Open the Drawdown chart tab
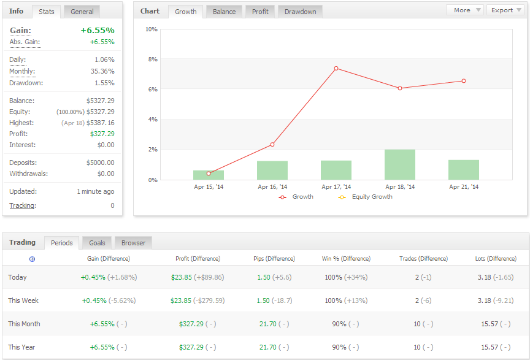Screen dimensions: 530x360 (x=300, y=12)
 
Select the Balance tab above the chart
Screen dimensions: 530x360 (x=224, y=12)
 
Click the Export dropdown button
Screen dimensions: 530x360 (x=505, y=10)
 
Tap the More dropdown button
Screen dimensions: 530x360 (x=465, y=10)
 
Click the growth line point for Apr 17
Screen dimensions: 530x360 (x=336, y=68)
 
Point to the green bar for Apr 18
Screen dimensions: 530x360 (x=400, y=164)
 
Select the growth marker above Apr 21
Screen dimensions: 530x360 (x=464, y=81)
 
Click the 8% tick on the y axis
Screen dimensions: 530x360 (x=153, y=59)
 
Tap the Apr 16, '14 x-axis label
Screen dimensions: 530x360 (x=272, y=186)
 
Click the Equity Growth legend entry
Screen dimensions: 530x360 (x=366, y=197)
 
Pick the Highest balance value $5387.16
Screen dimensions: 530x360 (x=101, y=123)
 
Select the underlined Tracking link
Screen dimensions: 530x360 (x=22, y=205)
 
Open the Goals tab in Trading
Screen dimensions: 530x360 (x=97, y=243)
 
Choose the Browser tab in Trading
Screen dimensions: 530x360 (x=133, y=243)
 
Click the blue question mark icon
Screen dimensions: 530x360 (x=32, y=259)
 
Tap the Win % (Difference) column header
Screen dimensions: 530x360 (x=346, y=259)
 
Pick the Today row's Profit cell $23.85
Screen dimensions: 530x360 (x=181, y=277)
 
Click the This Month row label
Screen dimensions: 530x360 (x=24, y=324)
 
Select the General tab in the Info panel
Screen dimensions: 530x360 (x=82, y=12)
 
